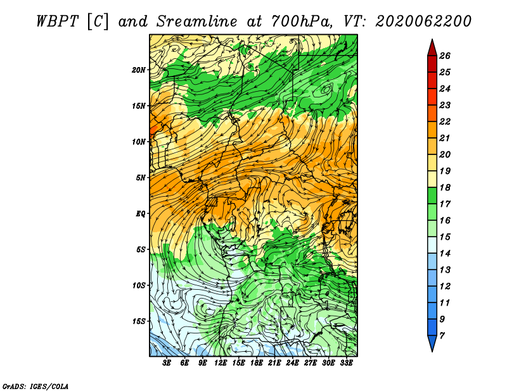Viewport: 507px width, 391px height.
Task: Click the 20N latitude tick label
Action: (x=138, y=70)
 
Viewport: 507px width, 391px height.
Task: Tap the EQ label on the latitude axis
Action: (x=140, y=214)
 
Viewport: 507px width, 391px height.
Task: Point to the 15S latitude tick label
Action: (x=139, y=321)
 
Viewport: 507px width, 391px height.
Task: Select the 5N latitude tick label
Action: (x=141, y=178)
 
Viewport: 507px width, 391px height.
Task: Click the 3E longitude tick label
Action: (x=167, y=363)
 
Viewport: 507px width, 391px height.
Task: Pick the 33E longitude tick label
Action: (x=346, y=363)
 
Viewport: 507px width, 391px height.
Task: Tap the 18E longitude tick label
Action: (x=257, y=363)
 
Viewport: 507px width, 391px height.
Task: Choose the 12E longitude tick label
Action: (x=221, y=363)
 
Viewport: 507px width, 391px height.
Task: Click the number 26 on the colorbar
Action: (x=445, y=56)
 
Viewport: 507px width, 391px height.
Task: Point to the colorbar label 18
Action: (x=445, y=187)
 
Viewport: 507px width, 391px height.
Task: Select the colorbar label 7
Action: (x=442, y=336)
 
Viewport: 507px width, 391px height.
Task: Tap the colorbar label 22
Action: (x=445, y=121)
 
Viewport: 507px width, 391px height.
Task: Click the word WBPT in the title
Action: (x=57, y=22)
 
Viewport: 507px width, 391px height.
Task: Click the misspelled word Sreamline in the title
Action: (x=197, y=22)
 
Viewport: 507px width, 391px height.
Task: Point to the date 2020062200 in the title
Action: (x=423, y=22)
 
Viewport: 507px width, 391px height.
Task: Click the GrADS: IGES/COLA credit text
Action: (x=35, y=387)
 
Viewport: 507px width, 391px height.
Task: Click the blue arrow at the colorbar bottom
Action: (x=432, y=342)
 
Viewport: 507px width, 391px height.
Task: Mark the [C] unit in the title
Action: (x=98, y=22)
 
